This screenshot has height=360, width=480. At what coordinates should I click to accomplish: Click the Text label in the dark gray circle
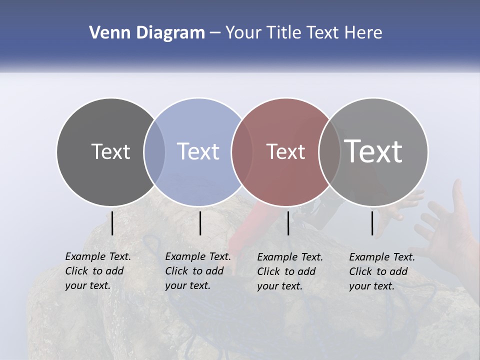(x=110, y=151)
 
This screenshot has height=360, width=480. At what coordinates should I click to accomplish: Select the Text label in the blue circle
(x=198, y=151)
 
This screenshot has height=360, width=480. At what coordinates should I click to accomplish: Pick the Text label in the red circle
(x=285, y=151)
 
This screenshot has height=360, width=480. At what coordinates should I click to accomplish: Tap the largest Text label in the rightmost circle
(x=373, y=151)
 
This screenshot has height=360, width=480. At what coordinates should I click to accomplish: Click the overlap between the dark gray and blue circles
(x=154, y=151)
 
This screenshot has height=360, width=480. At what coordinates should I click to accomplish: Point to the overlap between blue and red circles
(x=242, y=151)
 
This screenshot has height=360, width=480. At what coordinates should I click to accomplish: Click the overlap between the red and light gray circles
(x=329, y=151)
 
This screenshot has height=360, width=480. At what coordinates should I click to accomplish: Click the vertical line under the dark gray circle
(x=112, y=223)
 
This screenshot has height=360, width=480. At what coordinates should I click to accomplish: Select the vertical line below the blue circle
(x=200, y=223)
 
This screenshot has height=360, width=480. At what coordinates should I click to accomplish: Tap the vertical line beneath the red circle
(x=288, y=223)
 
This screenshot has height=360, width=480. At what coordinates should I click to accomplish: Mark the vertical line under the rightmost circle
(x=372, y=223)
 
